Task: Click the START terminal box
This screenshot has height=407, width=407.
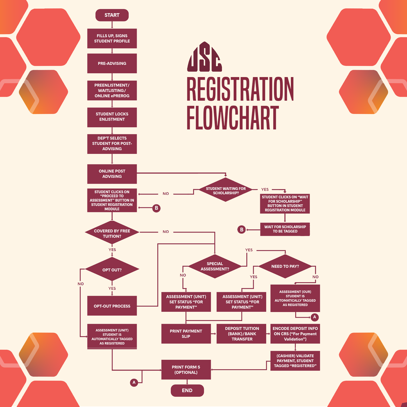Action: pyautogui.click(x=112, y=15)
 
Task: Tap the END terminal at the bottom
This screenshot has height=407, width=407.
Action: pyautogui.click(x=187, y=390)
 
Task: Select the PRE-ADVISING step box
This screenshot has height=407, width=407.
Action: pyautogui.click(x=112, y=63)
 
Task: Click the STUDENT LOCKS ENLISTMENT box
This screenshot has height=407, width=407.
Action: pyautogui.click(x=112, y=117)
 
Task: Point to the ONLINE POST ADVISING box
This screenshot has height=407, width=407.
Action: pyautogui.click(x=112, y=174)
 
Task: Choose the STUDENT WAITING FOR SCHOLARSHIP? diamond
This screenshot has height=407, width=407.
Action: pyautogui.click(x=226, y=190)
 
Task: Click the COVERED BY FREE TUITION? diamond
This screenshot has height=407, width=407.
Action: pyautogui.click(x=112, y=233)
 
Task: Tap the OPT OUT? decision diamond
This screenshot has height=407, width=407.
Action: pyautogui.click(x=112, y=269)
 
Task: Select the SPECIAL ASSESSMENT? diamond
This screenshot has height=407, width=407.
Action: pyautogui.click(x=215, y=266)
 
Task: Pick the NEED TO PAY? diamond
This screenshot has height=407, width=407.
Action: pyautogui.click(x=285, y=266)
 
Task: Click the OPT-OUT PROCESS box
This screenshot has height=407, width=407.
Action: pyautogui.click(x=112, y=306)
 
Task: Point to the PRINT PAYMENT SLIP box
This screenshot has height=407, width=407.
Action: pyautogui.click(x=186, y=334)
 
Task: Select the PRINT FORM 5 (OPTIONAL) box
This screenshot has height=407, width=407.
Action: pyautogui.click(x=186, y=370)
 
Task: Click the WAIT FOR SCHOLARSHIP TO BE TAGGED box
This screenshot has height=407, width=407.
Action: pyautogui.click(x=285, y=229)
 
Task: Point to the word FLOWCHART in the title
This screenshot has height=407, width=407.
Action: pyautogui.click(x=233, y=117)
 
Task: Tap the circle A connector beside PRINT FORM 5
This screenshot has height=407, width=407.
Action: pyautogui.click(x=134, y=383)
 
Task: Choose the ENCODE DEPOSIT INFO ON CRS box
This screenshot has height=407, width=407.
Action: pyautogui.click(x=295, y=334)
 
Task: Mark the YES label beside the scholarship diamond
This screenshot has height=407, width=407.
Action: pyautogui.click(x=265, y=189)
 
